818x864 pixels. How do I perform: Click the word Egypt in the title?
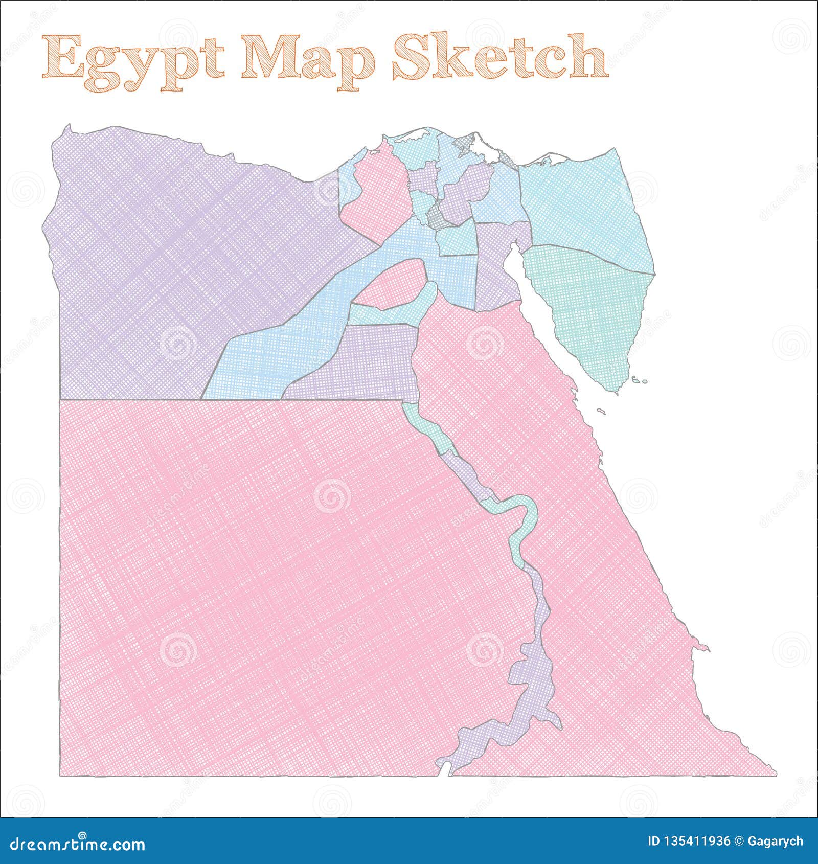(x=133, y=61)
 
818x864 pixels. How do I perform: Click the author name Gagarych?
(x=776, y=842)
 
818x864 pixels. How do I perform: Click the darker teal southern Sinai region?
(x=588, y=307)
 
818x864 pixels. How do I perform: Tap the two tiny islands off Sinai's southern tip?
(x=639, y=380)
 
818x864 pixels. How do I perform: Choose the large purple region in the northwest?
(x=179, y=256)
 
